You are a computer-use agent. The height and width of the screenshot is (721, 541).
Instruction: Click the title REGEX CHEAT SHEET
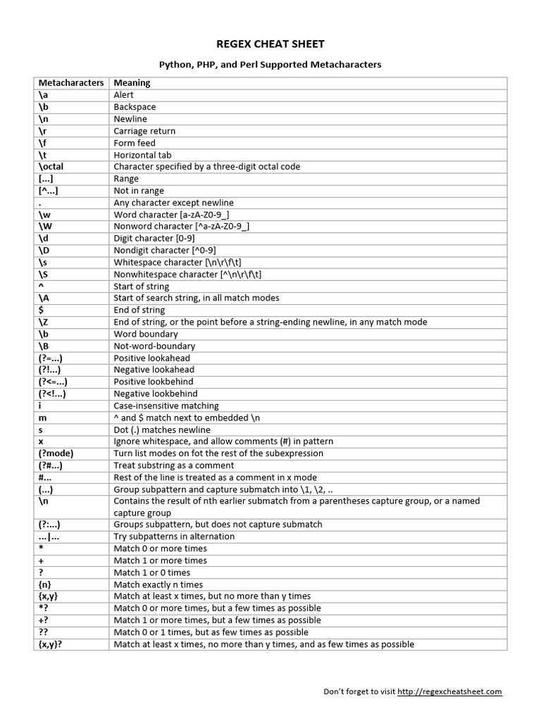coord(270,44)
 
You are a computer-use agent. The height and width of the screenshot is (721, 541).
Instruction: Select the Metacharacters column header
coord(70,82)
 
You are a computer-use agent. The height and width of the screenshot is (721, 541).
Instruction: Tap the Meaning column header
coord(132,82)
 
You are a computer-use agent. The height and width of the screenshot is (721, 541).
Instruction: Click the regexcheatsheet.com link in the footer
coord(449,691)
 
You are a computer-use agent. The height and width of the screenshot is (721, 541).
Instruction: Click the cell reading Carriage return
coord(144,131)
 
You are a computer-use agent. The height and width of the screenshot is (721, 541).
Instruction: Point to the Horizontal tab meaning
coord(142,155)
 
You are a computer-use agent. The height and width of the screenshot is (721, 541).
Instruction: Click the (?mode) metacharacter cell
coord(56,453)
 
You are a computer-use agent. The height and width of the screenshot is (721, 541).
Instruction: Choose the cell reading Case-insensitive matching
coord(166,406)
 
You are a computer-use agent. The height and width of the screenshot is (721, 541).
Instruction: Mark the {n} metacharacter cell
coord(46,584)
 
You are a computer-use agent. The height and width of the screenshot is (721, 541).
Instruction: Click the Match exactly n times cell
coord(158,584)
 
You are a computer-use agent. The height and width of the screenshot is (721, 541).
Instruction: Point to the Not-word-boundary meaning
coord(154,346)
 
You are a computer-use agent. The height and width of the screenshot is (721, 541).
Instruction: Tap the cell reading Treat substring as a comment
coord(173,465)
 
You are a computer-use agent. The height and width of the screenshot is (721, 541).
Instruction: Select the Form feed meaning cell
coord(135,143)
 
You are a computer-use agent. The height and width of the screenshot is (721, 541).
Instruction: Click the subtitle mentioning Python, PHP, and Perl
coord(270,64)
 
